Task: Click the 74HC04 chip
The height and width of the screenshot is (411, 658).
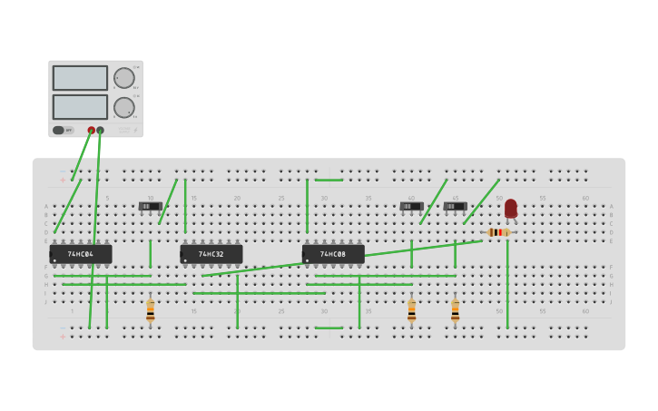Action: [81, 254]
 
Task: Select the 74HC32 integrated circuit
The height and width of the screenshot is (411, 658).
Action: [211, 254]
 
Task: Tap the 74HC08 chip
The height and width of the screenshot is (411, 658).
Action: [333, 254]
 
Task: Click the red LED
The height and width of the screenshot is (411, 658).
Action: [511, 209]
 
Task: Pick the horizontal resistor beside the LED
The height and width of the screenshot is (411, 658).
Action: [497, 232]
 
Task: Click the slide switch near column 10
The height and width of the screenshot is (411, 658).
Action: [151, 207]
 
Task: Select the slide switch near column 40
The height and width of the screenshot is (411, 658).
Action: [412, 207]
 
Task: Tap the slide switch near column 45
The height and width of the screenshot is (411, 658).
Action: [456, 207]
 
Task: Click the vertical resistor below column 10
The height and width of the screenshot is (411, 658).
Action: [151, 311]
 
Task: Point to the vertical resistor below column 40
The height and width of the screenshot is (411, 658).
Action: [412, 311]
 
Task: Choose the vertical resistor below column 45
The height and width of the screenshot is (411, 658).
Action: [456, 311]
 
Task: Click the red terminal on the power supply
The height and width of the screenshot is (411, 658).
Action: [92, 131]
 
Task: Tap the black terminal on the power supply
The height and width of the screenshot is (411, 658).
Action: [100, 131]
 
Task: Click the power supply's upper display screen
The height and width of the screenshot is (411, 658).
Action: [80, 78]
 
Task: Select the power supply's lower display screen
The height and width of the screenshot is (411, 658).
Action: [80, 107]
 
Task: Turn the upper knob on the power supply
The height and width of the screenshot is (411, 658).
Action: [123, 78]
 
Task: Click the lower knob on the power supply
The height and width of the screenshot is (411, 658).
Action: [123, 108]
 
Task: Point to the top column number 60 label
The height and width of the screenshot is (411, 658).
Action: [585, 198]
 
